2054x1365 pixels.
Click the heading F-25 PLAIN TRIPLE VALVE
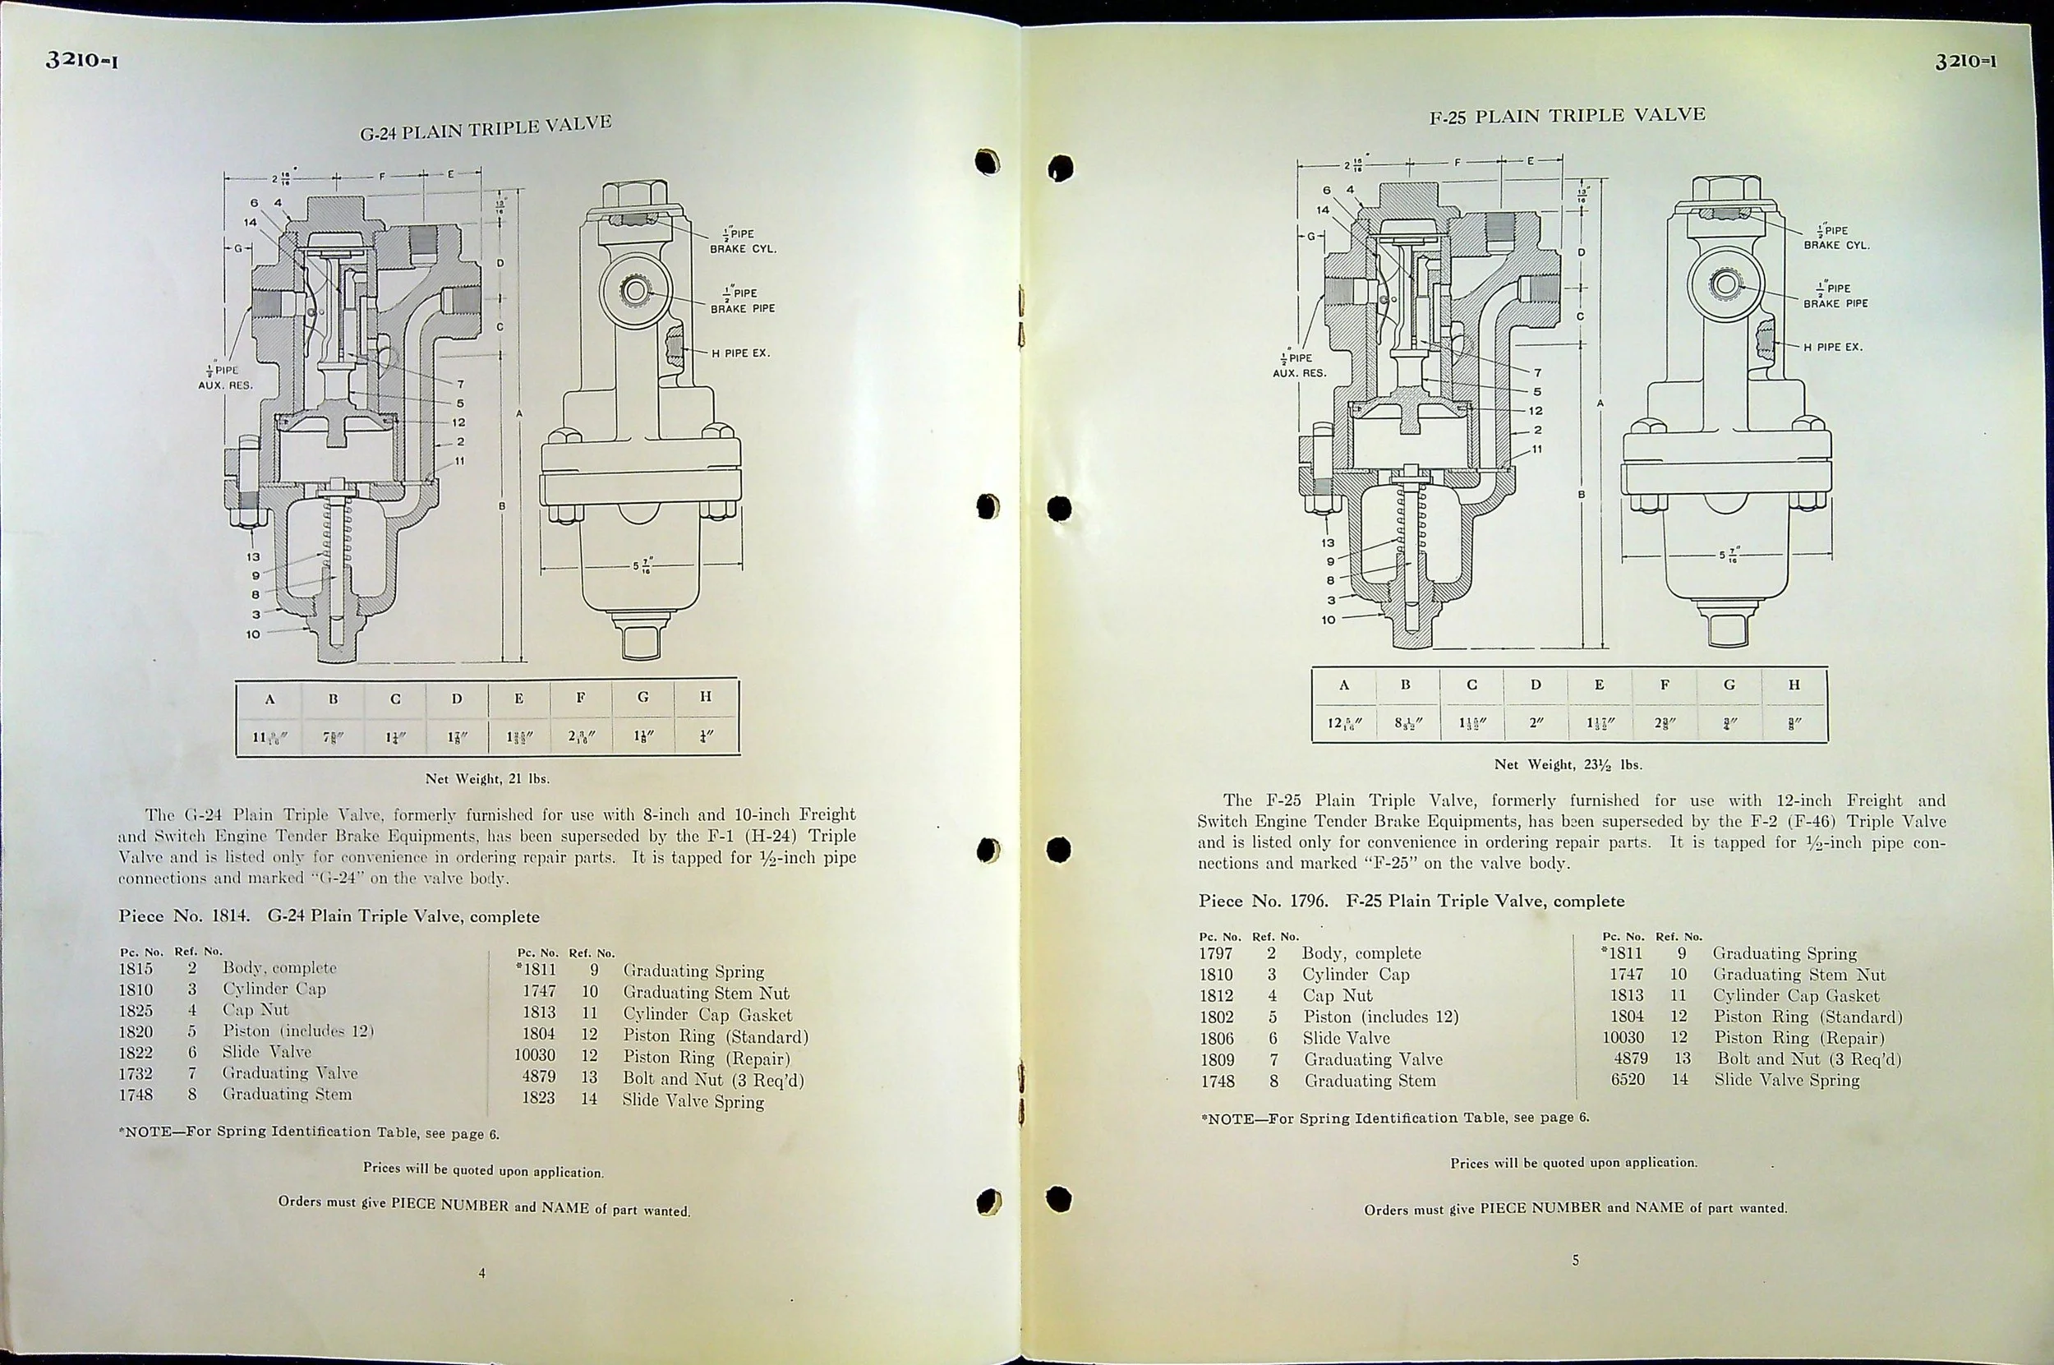pyautogui.click(x=1567, y=116)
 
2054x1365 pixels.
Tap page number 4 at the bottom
pyautogui.click(x=482, y=1273)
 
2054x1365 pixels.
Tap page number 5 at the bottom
pyautogui.click(x=1575, y=1260)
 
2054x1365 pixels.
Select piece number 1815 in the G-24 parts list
pyautogui.click(x=136, y=969)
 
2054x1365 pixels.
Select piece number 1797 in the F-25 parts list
pyautogui.click(x=1216, y=953)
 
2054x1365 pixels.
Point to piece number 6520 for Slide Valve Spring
pyautogui.click(x=1627, y=1080)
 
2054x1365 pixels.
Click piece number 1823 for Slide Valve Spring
pyautogui.click(x=538, y=1098)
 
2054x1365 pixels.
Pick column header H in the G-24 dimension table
pyautogui.click(x=706, y=696)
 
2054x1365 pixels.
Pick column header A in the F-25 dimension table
pyautogui.click(x=1344, y=685)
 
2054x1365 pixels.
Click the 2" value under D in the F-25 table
pyautogui.click(x=1536, y=722)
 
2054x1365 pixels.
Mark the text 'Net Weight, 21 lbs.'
pyautogui.click(x=487, y=778)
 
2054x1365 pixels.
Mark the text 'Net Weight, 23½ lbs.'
pyautogui.click(x=1568, y=764)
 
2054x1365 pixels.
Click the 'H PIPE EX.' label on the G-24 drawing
pyautogui.click(x=739, y=353)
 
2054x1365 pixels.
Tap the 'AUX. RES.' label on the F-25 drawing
pyautogui.click(x=1300, y=372)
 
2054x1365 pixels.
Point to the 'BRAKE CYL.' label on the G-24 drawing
pyautogui.click(x=743, y=249)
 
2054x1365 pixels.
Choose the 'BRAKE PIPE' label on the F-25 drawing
pyautogui.click(x=1835, y=304)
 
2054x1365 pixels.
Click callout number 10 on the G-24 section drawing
pyautogui.click(x=252, y=634)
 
